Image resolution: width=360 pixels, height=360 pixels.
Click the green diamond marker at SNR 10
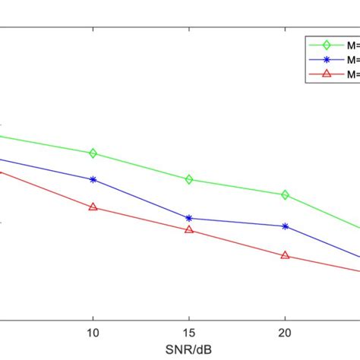coord(93,153)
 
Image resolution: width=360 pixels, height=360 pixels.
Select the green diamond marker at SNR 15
coord(189,179)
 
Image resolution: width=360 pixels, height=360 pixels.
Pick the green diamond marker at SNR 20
coord(285,195)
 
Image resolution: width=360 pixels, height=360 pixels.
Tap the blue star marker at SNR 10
coord(93,180)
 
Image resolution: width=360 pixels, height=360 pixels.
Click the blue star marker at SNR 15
coord(189,218)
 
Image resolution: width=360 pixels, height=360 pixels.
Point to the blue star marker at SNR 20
coord(285,226)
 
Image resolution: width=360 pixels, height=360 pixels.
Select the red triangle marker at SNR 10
coord(93,207)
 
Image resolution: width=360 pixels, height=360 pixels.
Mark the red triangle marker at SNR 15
coord(189,229)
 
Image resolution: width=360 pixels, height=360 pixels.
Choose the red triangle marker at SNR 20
coord(285,255)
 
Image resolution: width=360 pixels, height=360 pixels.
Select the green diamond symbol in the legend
coord(327,44)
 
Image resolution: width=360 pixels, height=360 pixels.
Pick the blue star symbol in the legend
coord(327,59)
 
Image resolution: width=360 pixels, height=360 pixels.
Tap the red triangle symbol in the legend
coord(327,74)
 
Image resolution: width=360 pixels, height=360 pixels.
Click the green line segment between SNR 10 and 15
coord(141,166)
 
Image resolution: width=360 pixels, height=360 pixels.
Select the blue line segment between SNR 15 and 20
coord(237,223)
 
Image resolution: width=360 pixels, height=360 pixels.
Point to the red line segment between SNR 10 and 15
coord(141,218)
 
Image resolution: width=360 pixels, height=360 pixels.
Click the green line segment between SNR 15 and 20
coord(237,188)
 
